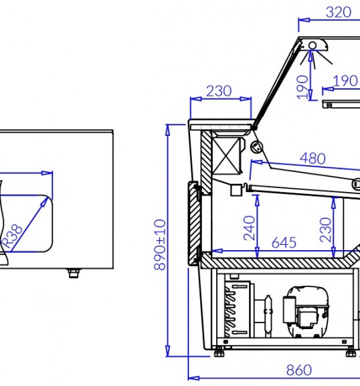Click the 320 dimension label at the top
tap(339, 12)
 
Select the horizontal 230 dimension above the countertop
tap(219, 91)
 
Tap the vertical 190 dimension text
tap(302, 88)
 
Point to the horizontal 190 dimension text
tap(345, 81)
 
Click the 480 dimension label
tap(312, 159)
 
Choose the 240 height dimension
tap(249, 228)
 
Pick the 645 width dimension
tap(284, 243)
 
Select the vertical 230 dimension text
tap(325, 229)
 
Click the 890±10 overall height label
tap(159, 245)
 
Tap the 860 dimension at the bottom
tap(299, 370)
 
